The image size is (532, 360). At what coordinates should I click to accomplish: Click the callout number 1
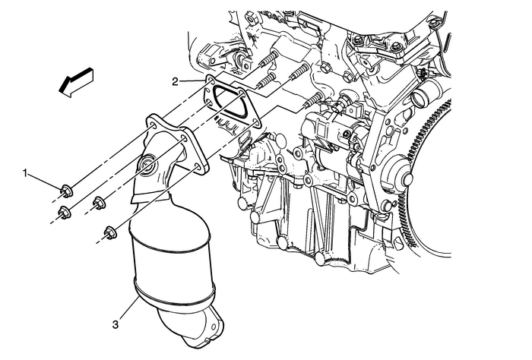point(27,175)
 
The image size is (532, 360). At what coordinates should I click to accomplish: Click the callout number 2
point(176,80)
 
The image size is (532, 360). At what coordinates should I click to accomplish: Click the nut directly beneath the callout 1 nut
point(66,212)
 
